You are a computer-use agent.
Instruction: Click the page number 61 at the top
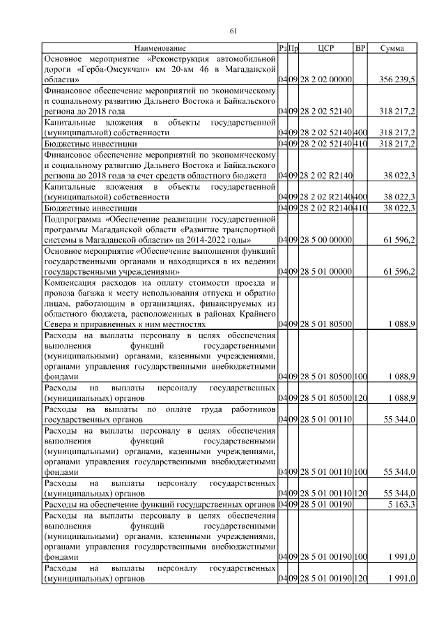point(233,29)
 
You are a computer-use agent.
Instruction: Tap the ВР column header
point(360,47)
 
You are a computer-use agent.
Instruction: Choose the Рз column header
point(282,47)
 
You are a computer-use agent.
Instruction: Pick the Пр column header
point(294,47)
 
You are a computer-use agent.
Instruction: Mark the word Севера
point(58,324)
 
